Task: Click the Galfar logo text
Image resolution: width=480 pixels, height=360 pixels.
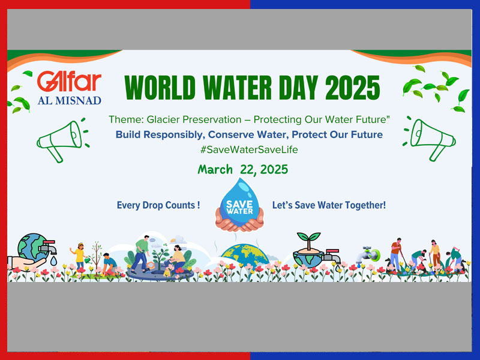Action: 69,82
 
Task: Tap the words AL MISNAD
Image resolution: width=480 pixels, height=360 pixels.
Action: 70,100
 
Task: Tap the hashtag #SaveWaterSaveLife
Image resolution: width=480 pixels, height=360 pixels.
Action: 249,149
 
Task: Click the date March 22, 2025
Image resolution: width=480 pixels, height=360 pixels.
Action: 243,169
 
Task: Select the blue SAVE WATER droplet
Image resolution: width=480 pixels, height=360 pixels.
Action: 239,202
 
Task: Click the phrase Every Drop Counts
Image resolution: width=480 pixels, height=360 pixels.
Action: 158,205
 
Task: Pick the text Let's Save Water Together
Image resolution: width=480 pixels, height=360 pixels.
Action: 329,205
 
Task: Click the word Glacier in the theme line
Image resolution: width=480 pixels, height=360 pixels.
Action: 163,119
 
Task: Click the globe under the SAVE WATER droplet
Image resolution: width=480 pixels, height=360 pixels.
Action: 245,254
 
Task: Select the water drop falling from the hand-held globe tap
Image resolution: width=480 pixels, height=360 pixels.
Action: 53,261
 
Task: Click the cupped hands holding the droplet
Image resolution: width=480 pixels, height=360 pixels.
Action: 239,220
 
